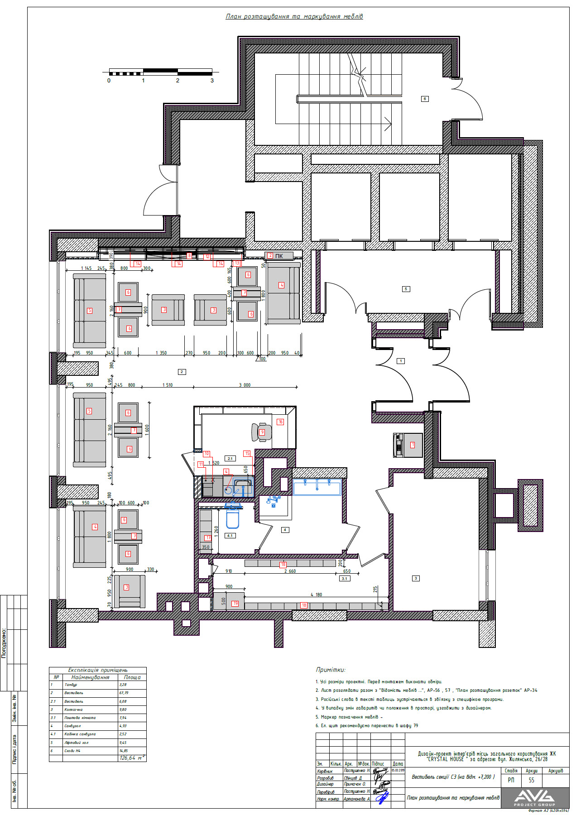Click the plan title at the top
(294, 17)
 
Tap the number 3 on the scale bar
(212, 81)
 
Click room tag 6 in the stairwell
(424, 99)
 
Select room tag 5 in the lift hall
(406, 289)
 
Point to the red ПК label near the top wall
(278, 256)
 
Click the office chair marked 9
(262, 432)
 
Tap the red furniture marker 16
(280, 422)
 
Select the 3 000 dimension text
(245, 385)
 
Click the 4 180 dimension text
(316, 594)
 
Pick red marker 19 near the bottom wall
(235, 604)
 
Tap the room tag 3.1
(345, 579)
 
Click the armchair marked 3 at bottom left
(130, 591)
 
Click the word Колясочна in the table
(73, 710)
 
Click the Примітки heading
(331, 670)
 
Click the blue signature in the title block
(383, 797)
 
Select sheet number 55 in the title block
(531, 780)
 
